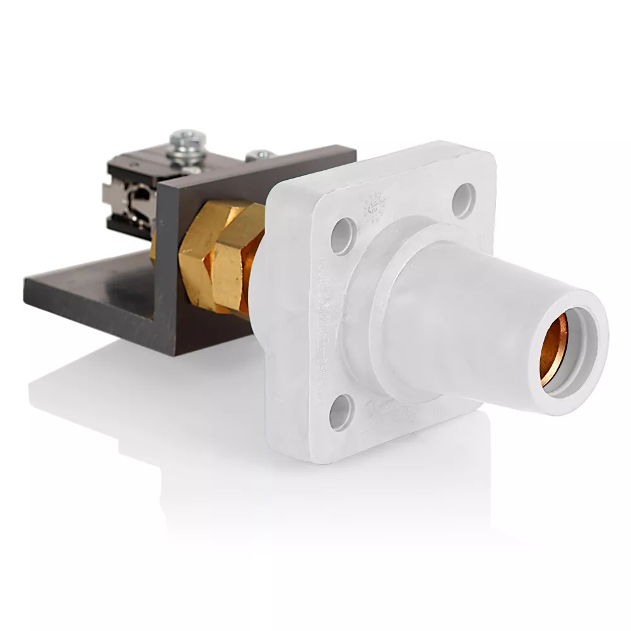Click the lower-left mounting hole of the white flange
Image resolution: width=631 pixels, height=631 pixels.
click(341, 410)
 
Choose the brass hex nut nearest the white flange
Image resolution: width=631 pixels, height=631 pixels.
click(237, 259)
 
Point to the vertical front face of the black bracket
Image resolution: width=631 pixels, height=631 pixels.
click(167, 265)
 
